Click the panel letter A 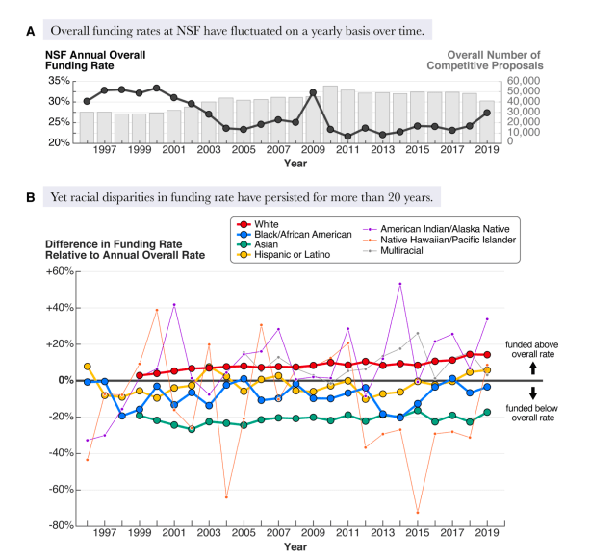31,31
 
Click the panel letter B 31,198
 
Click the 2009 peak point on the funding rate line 313,92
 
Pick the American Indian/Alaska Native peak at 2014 400,284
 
